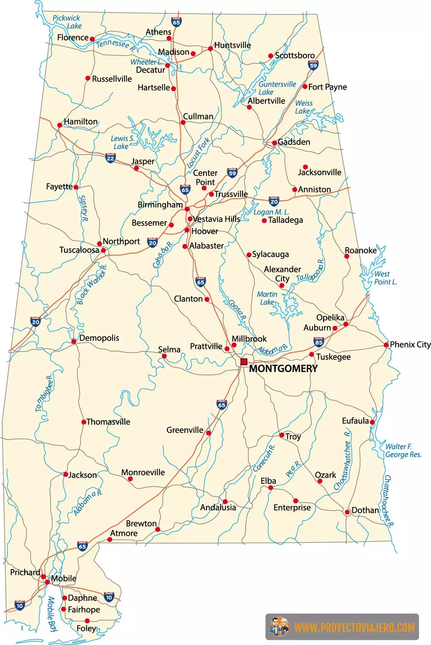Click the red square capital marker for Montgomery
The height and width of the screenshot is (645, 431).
244,362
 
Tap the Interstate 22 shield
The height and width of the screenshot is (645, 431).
110,158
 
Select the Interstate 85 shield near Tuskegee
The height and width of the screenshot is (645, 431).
319,342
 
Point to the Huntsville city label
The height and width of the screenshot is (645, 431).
232,45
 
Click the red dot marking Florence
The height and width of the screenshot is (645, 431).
92,39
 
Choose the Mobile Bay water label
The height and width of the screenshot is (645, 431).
52,614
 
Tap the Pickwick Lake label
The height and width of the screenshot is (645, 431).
67,22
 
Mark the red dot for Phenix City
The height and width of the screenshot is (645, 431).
386,345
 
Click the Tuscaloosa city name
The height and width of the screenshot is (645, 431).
79,250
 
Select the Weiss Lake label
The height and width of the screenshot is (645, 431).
303,107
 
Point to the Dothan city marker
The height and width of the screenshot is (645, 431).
347,512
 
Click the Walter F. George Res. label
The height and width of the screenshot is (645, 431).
403,451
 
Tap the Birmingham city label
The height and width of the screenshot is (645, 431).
160,205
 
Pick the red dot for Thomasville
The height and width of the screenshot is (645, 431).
84,422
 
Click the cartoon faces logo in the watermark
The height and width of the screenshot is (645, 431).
279,627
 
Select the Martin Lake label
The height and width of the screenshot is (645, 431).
267,298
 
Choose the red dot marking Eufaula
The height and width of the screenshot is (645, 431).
372,422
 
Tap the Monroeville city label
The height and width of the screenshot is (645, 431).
143,473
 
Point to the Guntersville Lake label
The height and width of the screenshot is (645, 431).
276,88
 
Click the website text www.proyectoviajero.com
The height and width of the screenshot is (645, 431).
354,627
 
